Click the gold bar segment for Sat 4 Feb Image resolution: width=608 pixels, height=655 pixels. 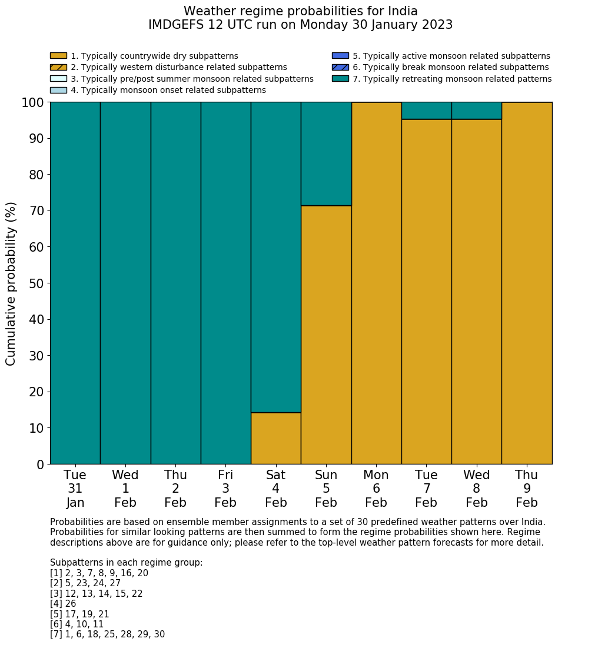(x=275, y=438)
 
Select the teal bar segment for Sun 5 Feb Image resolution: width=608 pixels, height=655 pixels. (x=326, y=153)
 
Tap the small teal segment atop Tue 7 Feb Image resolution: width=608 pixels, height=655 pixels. (x=426, y=111)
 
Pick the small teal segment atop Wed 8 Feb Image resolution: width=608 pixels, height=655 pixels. (x=476, y=111)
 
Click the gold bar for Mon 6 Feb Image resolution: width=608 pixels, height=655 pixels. (x=376, y=283)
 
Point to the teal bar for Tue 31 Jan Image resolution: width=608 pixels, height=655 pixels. (x=75, y=283)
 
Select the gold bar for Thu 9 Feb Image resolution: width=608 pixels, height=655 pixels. (x=527, y=283)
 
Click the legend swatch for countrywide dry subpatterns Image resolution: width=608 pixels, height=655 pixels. (x=58, y=56)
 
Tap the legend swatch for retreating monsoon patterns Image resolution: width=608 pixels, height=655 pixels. (x=340, y=79)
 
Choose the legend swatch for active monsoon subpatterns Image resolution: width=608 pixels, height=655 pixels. (x=340, y=56)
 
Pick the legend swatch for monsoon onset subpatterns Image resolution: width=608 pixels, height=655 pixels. (x=58, y=90)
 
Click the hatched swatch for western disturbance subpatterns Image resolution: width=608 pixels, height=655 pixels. (x=58, y=67)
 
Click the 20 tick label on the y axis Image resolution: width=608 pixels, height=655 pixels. (x=36, y=392)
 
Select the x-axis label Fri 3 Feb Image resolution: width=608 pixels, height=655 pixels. (x=225, y=489)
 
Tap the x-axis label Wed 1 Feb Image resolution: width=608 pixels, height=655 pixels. (x=125, y=489)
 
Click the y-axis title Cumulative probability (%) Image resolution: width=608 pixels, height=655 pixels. (x=11, y=283)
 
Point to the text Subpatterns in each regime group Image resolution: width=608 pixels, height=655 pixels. (x=126, y=563)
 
